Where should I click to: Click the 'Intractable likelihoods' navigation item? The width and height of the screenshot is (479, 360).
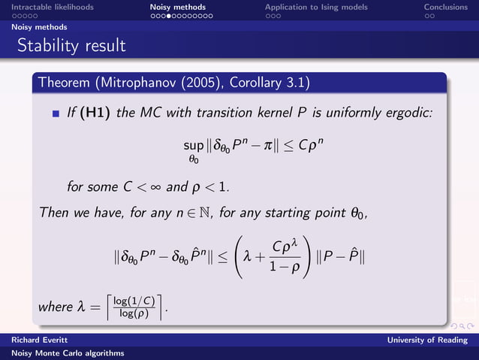52,7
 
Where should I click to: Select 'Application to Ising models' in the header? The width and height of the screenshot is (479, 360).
316,7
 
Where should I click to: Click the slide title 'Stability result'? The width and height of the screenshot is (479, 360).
71,46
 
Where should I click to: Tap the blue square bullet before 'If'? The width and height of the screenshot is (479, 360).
55,114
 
